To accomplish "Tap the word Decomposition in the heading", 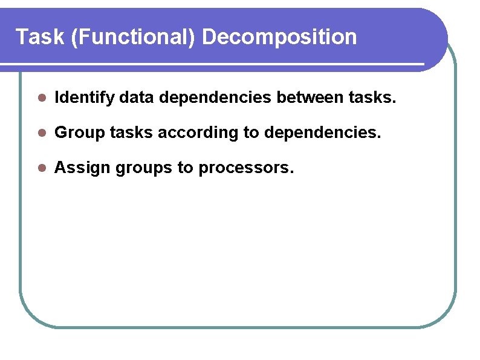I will pyautogui.click(x=279, y=38).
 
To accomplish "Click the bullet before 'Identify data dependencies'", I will pyautogui.click(x=41, y=97).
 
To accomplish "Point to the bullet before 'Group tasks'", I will pyautogui.click(x=41, y=133).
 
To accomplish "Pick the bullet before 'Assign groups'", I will pyautogui.click(x=41, y=168).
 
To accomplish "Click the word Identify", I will pyautogui.click(x=84, y=97).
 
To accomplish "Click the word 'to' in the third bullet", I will pyautogui.click(x=185, y=168).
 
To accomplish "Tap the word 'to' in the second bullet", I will pyautogui.click(x=251, y=133).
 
